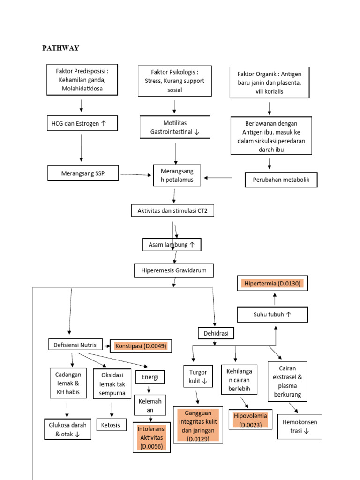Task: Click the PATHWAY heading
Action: pos(61,48)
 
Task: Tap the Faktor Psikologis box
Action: pos(174,81)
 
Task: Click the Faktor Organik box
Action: pos(270,82)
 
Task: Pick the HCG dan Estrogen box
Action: pos(82,123)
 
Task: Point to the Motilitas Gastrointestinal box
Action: pos(174,127)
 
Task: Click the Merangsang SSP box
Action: pos(83,173)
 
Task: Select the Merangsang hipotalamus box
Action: pos(177,175)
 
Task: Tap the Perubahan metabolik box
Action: pos(281,180)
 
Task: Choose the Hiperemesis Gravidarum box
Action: pos(174,270)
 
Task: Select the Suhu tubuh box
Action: pos(272,315)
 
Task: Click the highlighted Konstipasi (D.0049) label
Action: pos(141,346)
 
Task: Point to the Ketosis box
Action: pos(112,425)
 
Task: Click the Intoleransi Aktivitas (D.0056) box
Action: pos(151,437)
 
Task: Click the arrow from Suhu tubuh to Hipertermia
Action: pos(275,299)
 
